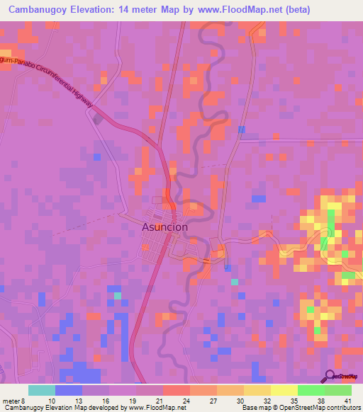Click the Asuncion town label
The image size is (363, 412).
coord(165,227)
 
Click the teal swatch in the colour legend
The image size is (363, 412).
coord(42,390)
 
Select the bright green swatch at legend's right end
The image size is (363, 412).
coord(337,390)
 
